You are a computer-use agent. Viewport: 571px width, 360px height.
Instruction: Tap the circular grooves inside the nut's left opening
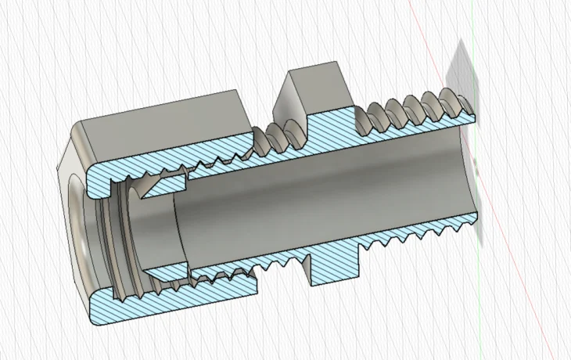point(110,235)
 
